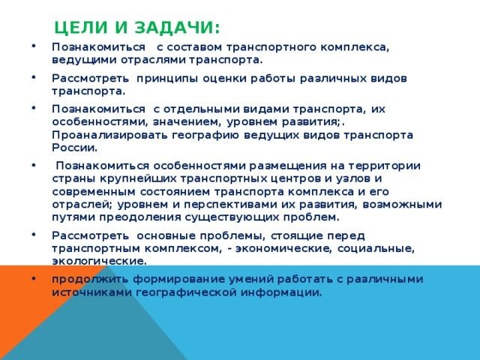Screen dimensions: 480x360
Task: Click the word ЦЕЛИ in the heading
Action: point(82,28)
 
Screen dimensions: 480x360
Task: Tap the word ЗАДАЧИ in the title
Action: point(177,28)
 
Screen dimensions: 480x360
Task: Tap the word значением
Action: point(187,122)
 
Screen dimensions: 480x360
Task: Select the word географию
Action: point(205,135)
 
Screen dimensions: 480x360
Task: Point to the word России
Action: point(75,148)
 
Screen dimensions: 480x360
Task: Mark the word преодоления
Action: point(140,217)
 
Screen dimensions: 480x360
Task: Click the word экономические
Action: point(283,248)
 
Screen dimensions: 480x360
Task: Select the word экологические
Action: point(100,261)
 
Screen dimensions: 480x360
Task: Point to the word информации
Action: point(281,292)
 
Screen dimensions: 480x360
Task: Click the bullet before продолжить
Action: point(33,278)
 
